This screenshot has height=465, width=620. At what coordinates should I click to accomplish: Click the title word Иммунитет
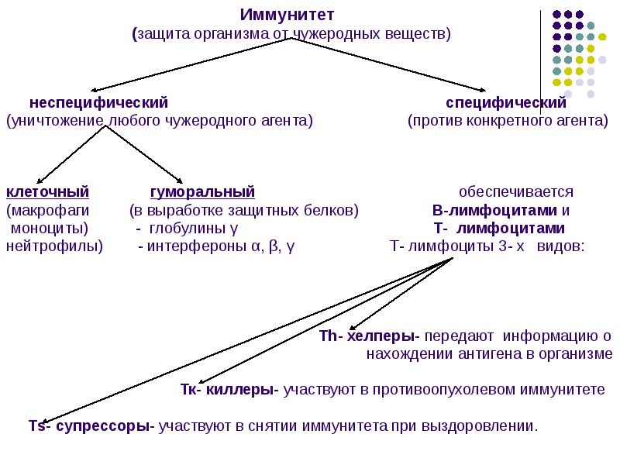pos(287,15)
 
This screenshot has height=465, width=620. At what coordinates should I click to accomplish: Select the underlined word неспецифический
pos(98,103)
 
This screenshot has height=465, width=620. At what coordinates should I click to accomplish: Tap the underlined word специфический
pos(506,103)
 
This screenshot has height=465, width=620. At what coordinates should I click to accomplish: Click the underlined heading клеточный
pos(47,191)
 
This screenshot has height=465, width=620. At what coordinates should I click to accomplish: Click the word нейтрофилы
pos(53,247)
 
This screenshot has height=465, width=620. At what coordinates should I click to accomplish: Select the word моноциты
pos(48,229)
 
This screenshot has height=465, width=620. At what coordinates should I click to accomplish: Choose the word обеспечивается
pos(515,191)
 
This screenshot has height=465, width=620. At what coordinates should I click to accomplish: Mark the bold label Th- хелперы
pos(368,337)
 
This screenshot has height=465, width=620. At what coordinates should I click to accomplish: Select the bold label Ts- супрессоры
pos(91,425)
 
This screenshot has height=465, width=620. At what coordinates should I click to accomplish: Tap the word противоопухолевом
pos(440,390)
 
